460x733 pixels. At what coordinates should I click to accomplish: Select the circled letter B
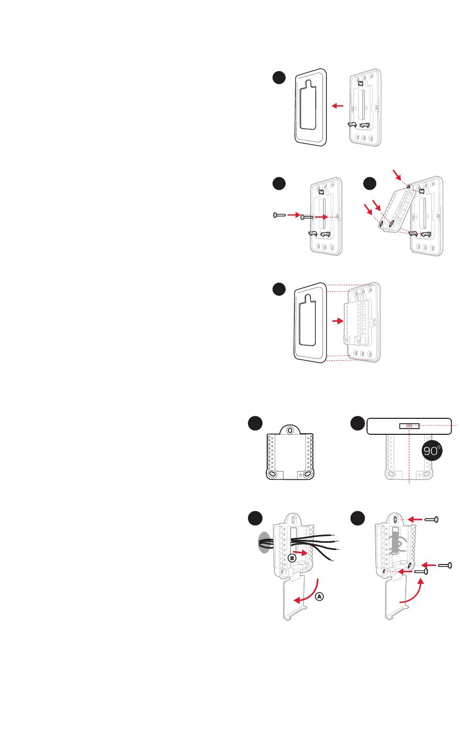coord(292,557)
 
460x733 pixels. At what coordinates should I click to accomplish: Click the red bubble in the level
coord(409,426)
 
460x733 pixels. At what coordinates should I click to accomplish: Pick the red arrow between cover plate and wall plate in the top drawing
coord(338,106)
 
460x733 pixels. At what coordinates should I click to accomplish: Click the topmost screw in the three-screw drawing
coord(431,519)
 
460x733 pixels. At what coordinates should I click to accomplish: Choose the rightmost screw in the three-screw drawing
coord(445,565)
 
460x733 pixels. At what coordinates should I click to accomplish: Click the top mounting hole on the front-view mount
coord(289,430)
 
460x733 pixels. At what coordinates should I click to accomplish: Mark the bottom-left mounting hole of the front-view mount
coord(273,473)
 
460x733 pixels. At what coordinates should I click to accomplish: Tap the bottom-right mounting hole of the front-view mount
coord(307,473)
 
